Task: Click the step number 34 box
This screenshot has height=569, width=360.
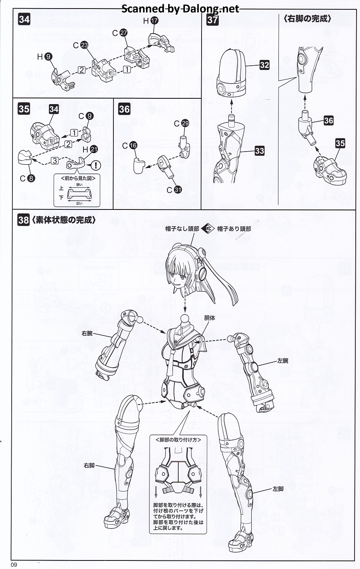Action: click(24, 19)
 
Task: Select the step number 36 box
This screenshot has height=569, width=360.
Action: click(124, 109)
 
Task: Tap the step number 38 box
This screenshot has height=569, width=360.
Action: click(23, 220)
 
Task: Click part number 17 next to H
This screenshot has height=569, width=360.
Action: click(155, 21)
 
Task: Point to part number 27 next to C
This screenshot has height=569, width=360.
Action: click(123, 33)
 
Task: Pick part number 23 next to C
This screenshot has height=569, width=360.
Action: click(84, 45)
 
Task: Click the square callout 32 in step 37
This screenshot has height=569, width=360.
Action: click(264, 65)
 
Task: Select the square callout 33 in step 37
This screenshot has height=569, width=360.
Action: click(259, 151)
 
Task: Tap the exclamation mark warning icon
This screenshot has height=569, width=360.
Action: click(95, 165)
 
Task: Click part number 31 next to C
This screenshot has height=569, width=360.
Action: click(177, 190)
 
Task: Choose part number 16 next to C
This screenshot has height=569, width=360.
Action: click(133, 145)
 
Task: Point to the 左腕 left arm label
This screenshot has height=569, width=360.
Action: click(283, 361)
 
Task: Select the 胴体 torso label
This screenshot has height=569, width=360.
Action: click(209, 318)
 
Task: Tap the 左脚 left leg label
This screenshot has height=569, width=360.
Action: click(278, 489)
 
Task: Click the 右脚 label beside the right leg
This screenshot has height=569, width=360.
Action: click(89, 465)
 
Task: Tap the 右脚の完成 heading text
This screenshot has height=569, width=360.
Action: click(307, 19)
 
